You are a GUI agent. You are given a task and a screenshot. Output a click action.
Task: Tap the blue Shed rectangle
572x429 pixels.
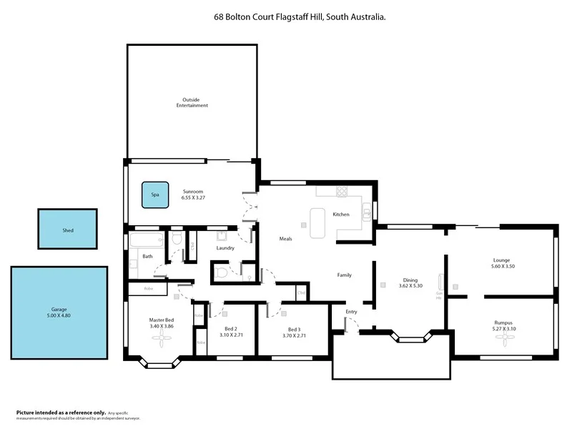point(67,230)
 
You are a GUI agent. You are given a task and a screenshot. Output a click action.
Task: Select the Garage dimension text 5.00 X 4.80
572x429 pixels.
point(59,315)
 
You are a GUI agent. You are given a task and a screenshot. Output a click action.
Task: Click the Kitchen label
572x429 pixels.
point(341,214)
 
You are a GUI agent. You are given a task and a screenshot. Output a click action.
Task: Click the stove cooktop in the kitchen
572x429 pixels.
point(342,191)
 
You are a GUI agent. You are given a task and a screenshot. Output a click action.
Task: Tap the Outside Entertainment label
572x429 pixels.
point(192,102)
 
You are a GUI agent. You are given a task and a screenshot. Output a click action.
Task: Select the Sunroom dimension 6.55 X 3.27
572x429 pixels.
point(194,198)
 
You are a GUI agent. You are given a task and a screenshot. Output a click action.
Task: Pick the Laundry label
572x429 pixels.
point(226,248)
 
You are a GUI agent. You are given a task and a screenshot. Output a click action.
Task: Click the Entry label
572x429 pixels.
point(351,312)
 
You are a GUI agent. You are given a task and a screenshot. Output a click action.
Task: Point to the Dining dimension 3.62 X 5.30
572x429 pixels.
point(410,286)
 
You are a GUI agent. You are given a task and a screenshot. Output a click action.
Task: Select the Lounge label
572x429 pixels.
point(501,260)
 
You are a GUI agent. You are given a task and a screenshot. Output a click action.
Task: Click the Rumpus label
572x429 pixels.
point(503,322)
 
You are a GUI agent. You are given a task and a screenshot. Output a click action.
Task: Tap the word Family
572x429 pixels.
point(344,275)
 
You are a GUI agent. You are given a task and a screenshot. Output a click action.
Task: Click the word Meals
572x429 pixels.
point(285,239)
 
